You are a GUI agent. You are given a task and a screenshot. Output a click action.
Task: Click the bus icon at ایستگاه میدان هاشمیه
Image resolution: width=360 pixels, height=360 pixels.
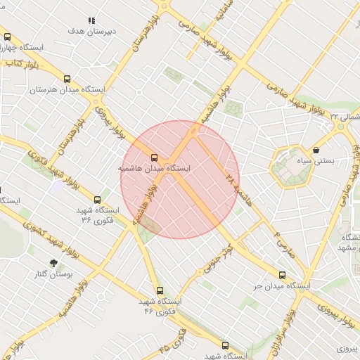tap(154, 157)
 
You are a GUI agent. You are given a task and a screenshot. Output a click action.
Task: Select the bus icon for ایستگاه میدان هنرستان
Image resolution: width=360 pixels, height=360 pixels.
tap(67, 79)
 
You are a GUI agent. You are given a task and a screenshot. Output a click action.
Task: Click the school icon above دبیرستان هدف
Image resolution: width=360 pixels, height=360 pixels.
tap(91, 22)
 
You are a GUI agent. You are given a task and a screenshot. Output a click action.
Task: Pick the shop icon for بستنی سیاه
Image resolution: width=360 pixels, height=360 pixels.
tap(316, 150)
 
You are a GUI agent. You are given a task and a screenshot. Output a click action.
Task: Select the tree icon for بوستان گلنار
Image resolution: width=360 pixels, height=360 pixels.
tap(53, 262)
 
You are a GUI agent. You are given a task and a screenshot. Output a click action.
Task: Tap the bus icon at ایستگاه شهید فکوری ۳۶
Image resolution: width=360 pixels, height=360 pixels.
tap(97, 200)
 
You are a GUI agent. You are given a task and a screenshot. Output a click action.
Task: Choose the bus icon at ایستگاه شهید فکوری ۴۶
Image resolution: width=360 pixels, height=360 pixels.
tap(160, 290)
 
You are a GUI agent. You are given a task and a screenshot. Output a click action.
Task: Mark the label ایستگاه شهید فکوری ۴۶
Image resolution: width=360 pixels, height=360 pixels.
tap(160, 305)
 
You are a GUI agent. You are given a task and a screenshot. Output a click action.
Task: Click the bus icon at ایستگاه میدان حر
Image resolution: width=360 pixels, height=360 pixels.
tap(283, 275)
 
